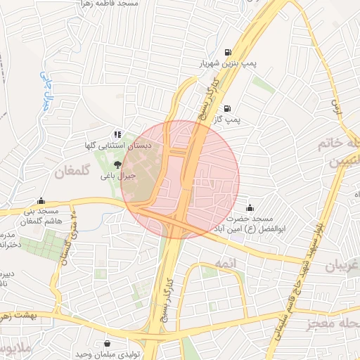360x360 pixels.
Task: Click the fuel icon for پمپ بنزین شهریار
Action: pos(227,51)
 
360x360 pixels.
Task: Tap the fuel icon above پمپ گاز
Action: pos(227,108)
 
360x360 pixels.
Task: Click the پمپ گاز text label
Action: pos(227,120)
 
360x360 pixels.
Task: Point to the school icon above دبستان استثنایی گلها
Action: pos(117,134)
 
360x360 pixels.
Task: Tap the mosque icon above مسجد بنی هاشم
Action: pos(41,200)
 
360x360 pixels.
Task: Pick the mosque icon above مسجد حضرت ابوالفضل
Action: pos(250,207)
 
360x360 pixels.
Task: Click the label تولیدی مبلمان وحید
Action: pos(106,354)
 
